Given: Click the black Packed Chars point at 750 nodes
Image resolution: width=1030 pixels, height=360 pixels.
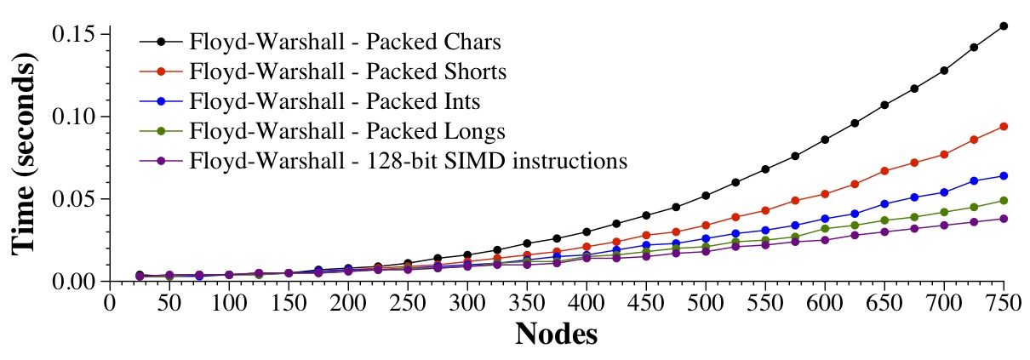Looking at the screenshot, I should (x=1004, y=26).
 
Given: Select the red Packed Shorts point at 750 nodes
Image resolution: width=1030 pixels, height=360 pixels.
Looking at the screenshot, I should (x=1004, y=126).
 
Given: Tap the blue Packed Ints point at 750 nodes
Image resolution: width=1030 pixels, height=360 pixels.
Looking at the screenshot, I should (x=1004, y=175).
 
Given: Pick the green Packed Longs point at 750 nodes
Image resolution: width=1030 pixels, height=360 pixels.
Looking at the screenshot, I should (x=1004, y=200).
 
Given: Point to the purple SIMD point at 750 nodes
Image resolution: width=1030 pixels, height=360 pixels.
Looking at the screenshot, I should (x=1004, y=219).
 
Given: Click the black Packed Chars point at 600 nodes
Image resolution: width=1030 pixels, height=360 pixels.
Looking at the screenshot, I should (x=825, y=140).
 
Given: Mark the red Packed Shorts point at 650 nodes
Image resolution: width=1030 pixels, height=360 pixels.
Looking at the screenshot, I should (x=885, y=170).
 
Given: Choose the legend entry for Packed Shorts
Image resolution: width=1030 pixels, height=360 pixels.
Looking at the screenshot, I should (x=349, y=71).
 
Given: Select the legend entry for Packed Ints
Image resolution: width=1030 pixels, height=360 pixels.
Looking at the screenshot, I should (x=335, y=102).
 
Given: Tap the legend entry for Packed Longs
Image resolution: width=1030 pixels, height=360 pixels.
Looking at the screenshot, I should (x=348, y=132).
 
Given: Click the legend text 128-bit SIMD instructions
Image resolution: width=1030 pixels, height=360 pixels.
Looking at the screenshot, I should (x=409, y=161).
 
